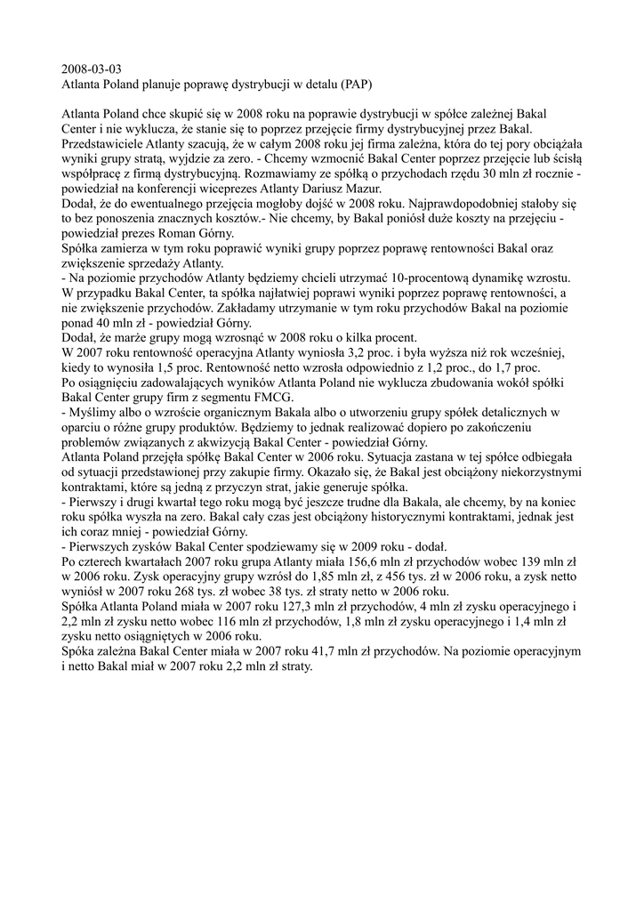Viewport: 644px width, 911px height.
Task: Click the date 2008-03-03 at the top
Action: pyautogui.click(x=92, y=69)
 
